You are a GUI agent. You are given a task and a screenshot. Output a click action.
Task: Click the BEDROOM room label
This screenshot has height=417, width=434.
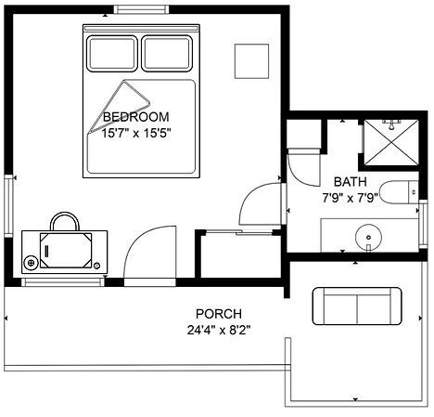point(136,117)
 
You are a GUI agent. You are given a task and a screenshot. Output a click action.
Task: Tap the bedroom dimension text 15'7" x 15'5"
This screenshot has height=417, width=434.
point(136,134)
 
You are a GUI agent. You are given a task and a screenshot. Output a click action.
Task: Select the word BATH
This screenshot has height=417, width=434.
point(351,182)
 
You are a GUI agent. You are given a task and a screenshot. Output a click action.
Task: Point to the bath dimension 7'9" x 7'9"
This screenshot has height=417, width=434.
point(351,198)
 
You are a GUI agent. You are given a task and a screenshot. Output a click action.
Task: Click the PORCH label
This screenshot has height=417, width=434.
point(219,314)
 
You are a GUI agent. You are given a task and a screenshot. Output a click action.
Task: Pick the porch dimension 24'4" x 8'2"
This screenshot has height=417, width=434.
point(219,331)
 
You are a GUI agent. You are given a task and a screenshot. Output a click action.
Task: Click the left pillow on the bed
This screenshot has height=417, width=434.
point(112,54)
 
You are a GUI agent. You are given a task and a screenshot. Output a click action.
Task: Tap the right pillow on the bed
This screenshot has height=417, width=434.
point(167,54)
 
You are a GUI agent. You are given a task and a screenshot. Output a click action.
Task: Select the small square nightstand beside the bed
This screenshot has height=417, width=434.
point(251,61)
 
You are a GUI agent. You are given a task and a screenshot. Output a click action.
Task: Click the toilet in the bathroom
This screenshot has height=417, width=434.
point(399,192)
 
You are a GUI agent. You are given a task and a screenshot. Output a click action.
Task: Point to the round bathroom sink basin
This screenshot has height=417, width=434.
point(368,238)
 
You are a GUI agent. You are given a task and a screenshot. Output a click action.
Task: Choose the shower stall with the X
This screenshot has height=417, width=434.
point(391,143)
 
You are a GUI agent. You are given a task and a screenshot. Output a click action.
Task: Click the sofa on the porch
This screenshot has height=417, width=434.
point(357,306)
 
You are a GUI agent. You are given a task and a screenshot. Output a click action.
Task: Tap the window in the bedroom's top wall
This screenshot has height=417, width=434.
point(141,9)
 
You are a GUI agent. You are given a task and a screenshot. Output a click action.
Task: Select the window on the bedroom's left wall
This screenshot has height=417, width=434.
point(8,206)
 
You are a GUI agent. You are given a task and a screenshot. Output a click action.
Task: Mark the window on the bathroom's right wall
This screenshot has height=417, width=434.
point(423,224)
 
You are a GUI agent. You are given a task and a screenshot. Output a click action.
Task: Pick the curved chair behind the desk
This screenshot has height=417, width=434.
point(65,214)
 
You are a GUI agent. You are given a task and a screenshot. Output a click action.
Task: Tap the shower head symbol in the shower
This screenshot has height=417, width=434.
point(391,124)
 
